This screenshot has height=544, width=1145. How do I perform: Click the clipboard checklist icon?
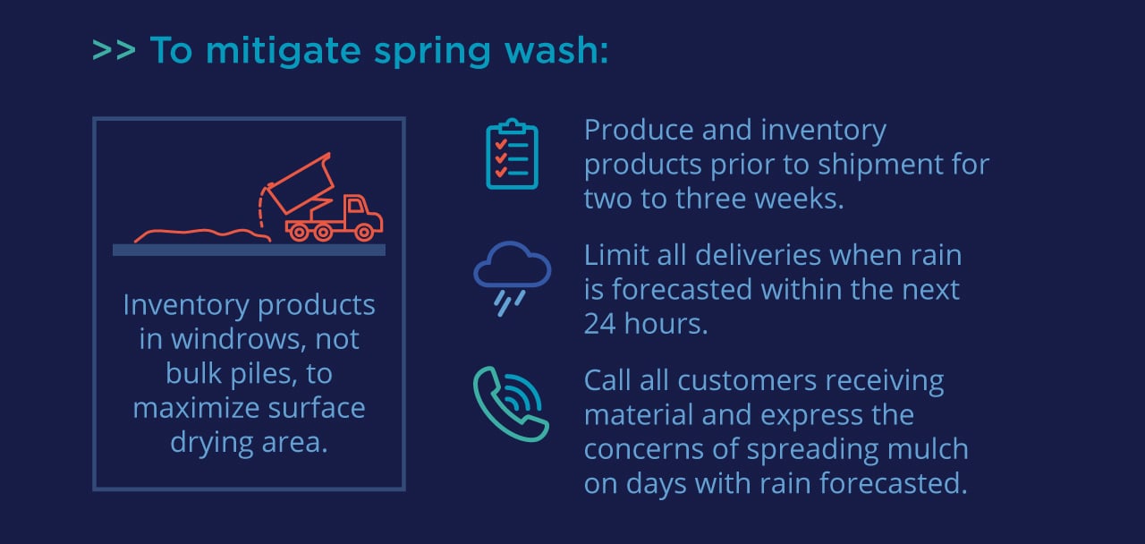512,155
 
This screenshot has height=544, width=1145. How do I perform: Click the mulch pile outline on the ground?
201,235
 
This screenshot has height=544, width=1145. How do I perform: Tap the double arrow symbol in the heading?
114,51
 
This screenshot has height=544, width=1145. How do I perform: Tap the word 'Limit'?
614,255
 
